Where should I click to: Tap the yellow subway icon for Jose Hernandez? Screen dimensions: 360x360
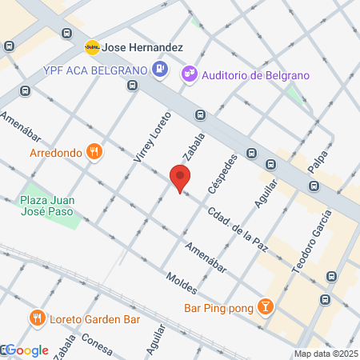(x=93, y=47)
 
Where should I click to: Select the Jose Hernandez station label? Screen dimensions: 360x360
(x=143, y=48)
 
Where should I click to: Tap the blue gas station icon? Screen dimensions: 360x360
(x=160, y=70)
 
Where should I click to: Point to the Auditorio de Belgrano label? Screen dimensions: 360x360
(x=255, y=75)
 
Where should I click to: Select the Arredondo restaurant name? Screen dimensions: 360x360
(x=55, y=152)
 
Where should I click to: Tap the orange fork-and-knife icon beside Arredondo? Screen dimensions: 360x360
(x=95, y=151)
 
